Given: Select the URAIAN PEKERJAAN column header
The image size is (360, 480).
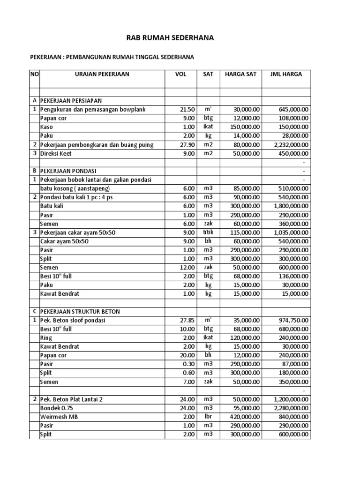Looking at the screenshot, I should (x=102, y=74).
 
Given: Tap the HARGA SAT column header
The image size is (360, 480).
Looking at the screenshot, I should (x=240, y=74).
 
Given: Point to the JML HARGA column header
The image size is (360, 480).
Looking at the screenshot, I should (x=286, y=74).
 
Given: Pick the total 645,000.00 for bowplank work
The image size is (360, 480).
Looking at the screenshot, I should (x=293, y=109).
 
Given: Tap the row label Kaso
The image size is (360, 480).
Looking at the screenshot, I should (x=46, y=127).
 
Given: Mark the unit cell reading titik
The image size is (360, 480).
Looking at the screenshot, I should (x=208, y=232).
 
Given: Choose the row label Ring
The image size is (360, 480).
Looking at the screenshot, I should (x=46, y=338).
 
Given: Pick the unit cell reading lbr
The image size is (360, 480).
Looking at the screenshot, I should (x=208, y=417).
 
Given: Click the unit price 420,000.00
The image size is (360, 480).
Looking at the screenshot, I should (x=244, y=417).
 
